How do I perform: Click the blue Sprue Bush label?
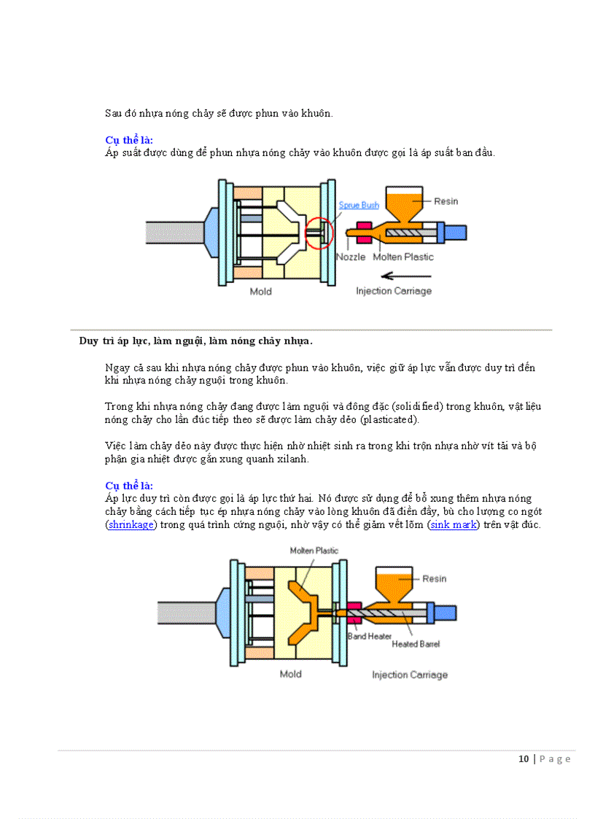pyautogui.click(x=358, y=206)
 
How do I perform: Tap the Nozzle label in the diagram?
pyautogui.click(x=351, y=257)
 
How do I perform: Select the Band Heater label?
pyautogui.click(x=369, y=636)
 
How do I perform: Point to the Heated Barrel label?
pyautogui.click(x=416, y=644)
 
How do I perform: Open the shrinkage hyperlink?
pyautogui.click(x=132, y=524)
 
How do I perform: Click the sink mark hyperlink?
pyautogui.click(x=453, y=524)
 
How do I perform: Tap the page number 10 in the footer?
pyautogui.click(x=524, y=759)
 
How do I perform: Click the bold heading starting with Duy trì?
pyautogui.click(x=195, y=341)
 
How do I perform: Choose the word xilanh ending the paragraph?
pyautogui.click(x=292, y=459)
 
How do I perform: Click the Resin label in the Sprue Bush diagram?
pyautogui.click(x=446, y=201)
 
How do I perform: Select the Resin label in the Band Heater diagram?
pyautogui.click(x=435, y=578)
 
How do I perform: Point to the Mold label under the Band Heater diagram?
pyautogui.click(x=290, y=674)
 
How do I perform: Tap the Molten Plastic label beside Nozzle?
pyautogui.click(x=403, y=257)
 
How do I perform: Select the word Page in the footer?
pyautogui.click(x=555, y=759)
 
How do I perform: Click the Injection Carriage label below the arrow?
pyautogui.click(x=394, y=291)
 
